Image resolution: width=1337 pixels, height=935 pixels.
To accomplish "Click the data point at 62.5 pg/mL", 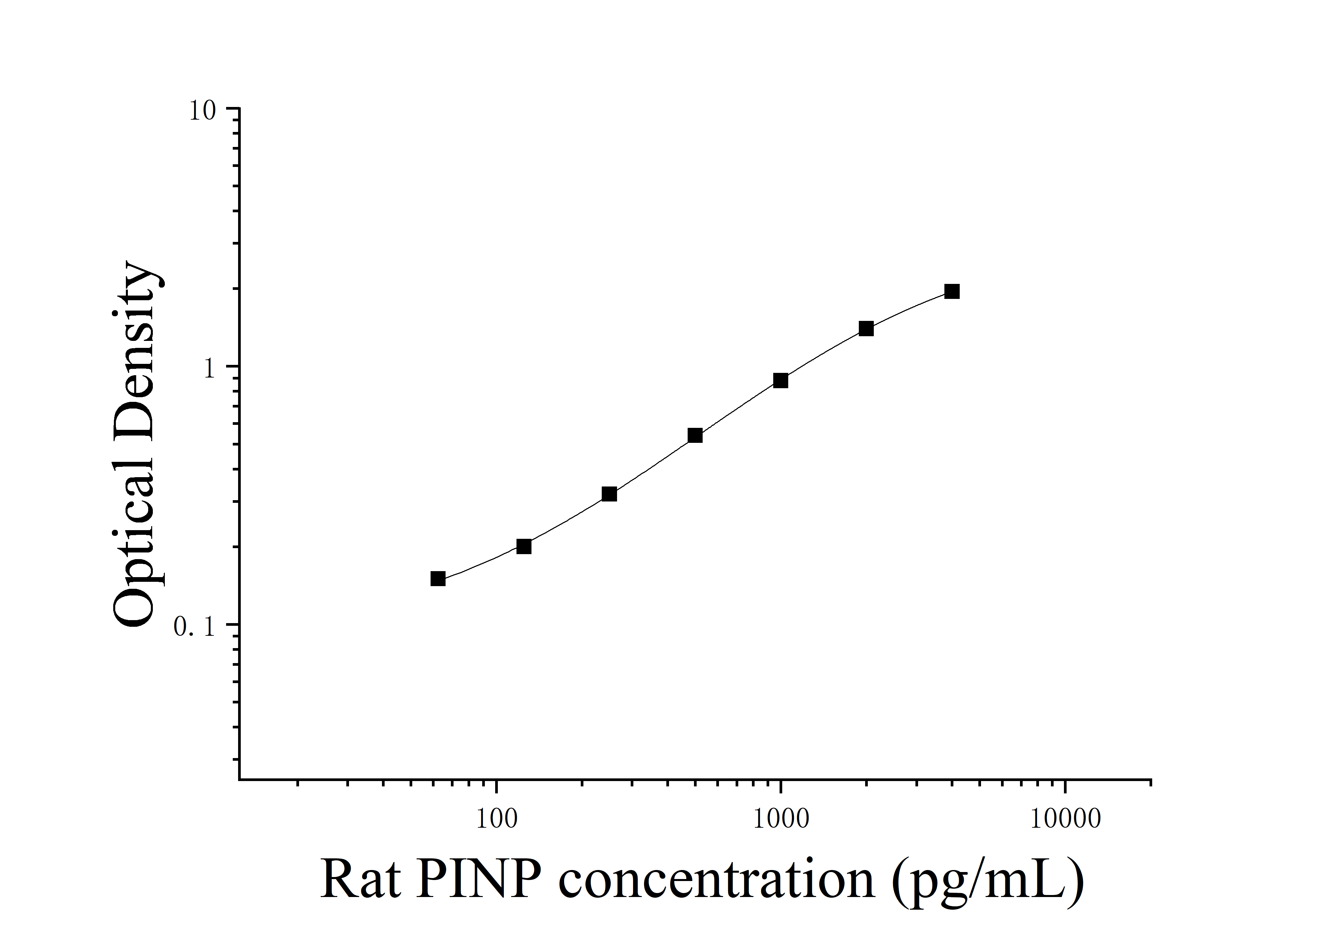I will pos(438,578).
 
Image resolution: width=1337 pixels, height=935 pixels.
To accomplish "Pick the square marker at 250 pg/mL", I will pos(609,494).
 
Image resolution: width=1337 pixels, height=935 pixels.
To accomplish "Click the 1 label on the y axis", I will pos(210,369).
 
